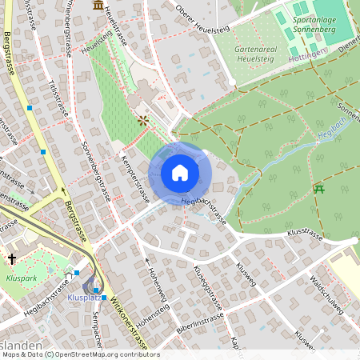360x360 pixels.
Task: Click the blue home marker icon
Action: pos(180,172)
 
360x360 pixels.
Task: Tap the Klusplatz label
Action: pos(84,297)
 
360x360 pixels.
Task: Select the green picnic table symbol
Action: pos(319,189)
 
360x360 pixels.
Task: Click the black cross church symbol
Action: pos(12,258)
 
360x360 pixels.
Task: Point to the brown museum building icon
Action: pos(98,6)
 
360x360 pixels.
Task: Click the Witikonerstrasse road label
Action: pos(129,319)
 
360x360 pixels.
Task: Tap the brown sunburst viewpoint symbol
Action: pos(143,121)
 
